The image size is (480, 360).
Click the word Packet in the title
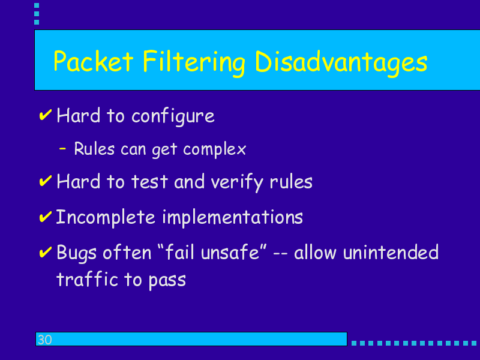[x=94, y=61]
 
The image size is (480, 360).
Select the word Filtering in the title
[x=194, y=63]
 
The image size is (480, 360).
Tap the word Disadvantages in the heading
[x=341, y=63]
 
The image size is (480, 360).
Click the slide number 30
[x=44, y=340]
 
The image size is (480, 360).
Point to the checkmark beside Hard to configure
[x=46, y=115]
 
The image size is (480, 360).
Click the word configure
[x=173, y=116]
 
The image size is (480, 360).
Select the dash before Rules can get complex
[x=62, y=149]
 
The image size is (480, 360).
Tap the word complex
[x=214, y=149]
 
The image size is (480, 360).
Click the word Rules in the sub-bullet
[x=94, y=148]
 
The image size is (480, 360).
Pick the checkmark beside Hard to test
[x=46, y=181]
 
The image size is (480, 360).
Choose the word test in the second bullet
[x=149, y=182]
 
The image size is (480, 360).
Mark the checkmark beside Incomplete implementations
[x=46, y=217]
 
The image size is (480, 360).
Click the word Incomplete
[x=106, y=218]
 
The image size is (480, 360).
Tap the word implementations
[x=232, y=218]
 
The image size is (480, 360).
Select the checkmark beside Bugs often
[x=46, y=252]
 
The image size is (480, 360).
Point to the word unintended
[x=391, y=253]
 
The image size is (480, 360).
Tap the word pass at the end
[x=167, y=280]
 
